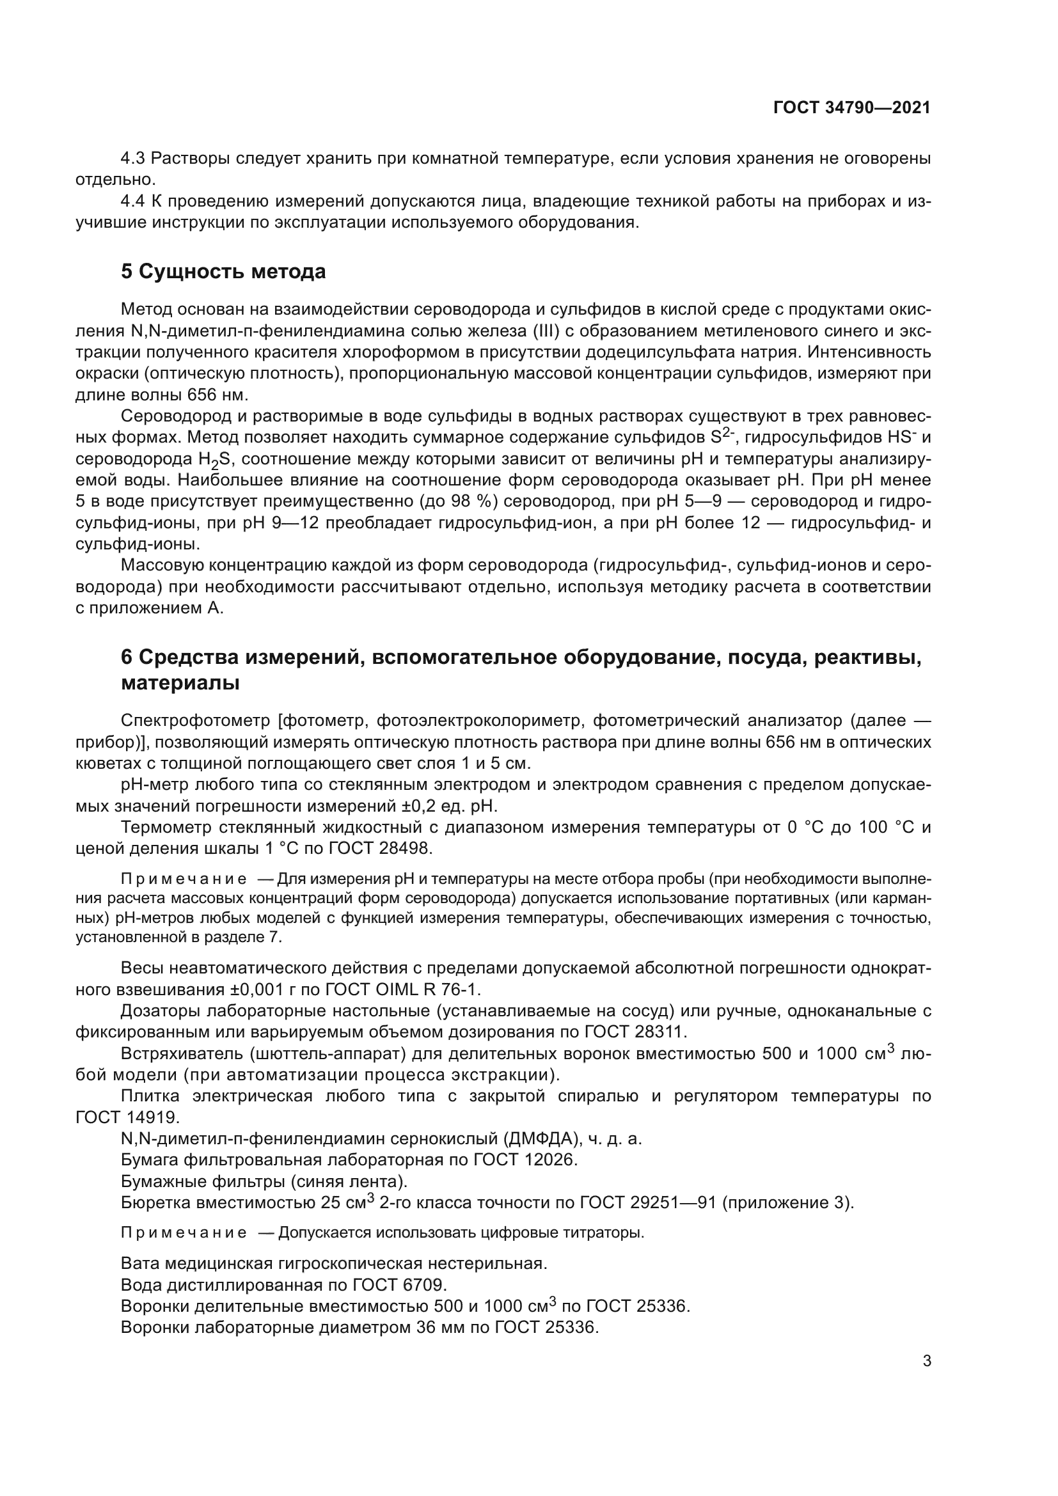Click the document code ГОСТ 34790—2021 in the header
pyautogui.click(x=851, y=108)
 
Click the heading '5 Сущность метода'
pyautogui.click(x=223, y=271)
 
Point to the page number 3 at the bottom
pyautogui.click(x=927, y=1361)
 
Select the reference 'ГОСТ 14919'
pyautogui.click(x=127, y=1117)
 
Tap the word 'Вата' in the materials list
pyautogui.click(x=140, y=1264)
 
